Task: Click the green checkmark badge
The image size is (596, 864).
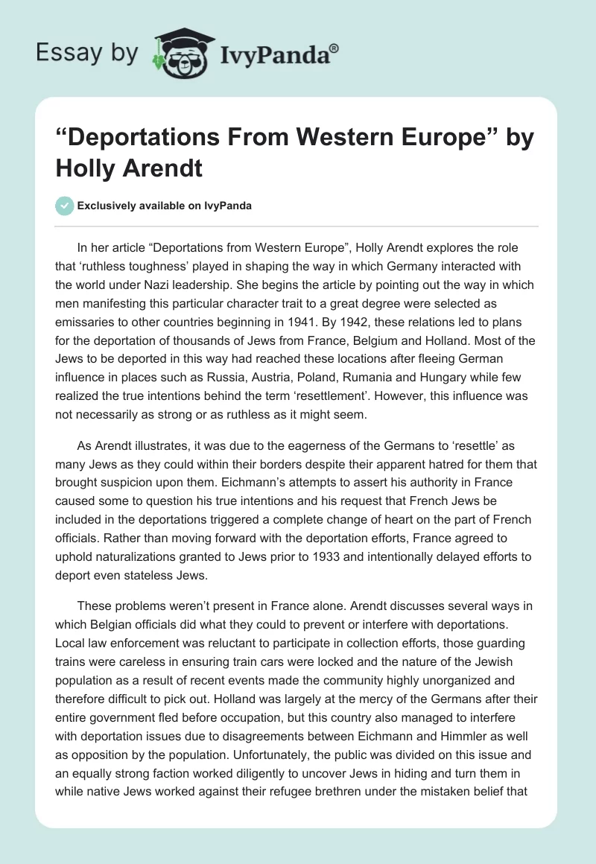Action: [64, 206]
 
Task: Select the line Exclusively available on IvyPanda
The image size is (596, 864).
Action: [164, 206]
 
